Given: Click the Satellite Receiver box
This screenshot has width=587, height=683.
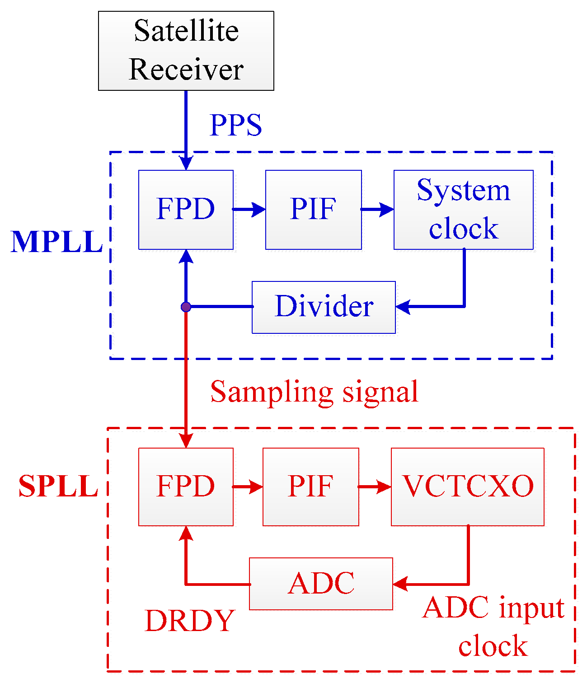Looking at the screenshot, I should coord(186,51).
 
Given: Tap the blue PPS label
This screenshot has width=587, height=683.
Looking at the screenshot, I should coord(235,125).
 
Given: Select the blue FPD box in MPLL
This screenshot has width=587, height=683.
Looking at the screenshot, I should coord(186,210).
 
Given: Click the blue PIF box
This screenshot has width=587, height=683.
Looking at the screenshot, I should coord(313,210).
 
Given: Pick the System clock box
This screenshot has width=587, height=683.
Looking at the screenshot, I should coord(463,210).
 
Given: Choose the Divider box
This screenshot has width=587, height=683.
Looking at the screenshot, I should coord(324,307).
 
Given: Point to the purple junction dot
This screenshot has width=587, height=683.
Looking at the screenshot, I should coord(186,307).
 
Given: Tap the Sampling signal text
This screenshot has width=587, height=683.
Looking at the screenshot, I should coord(314,392).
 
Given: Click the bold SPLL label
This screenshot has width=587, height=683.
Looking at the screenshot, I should coord(58,487).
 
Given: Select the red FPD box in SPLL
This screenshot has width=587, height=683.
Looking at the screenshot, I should coord(186,487).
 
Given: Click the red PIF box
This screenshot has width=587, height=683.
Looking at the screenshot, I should coord(310,487).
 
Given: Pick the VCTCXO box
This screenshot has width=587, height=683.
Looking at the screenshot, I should coord(467,487).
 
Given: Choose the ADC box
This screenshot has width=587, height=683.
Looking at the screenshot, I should coord(321,584).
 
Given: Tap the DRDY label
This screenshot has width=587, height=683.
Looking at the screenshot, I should coord(190,621).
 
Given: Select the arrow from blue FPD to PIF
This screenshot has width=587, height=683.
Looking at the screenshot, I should coord(249,209).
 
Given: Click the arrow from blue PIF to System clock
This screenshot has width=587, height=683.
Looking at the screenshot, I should coord(378,209).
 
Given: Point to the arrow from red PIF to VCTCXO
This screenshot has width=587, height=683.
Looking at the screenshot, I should coord(375,487).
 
